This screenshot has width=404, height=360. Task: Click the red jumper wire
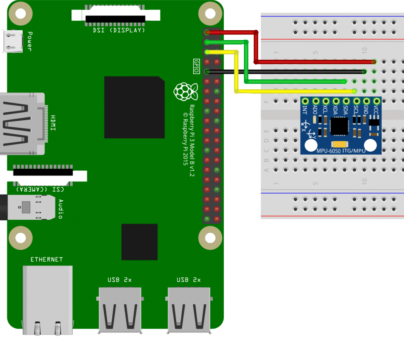point(314,61)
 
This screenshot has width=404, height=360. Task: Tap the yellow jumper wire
point(295,91)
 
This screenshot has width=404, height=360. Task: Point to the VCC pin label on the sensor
point(376,110)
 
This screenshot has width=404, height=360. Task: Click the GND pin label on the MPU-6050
point(366,110)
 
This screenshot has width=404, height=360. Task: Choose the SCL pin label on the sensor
point(356,110)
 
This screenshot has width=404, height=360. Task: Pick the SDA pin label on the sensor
point(346,110)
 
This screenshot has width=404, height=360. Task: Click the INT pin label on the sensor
point(305,110)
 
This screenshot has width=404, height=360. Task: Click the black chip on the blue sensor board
point(339,126)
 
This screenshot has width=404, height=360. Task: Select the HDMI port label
point(53,123)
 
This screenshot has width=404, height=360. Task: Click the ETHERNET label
point(47,259)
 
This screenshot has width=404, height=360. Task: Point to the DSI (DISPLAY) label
point(119,30)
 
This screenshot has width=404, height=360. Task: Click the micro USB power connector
point(13,41)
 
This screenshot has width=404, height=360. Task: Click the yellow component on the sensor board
point(340,144)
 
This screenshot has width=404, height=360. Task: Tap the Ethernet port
point(48,301)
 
